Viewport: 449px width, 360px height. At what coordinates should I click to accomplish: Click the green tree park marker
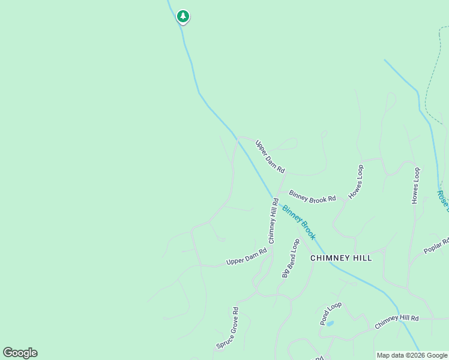click(x=183, y=17)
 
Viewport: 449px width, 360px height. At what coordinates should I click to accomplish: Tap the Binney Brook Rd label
click(x=312, y=196)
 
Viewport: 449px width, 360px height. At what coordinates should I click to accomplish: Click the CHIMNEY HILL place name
click(x=341, y=258)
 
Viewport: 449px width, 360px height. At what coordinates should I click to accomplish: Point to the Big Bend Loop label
click(x=291, y=258)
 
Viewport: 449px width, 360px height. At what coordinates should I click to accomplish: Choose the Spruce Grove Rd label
click(x=228, y=328)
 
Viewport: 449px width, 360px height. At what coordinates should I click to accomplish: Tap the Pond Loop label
click(x=331, y=313)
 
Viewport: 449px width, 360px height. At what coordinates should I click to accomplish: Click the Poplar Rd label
click(x=436, y=246)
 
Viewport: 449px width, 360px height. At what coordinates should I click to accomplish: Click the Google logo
click(x=20, y=353)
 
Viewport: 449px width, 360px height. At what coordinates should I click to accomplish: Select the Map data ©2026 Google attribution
click(x=412, y=355)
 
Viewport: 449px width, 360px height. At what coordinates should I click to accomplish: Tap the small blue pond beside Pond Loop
click(x=330, y=323)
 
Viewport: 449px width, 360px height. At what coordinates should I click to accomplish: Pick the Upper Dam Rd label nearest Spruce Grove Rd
click(x=246, y=257)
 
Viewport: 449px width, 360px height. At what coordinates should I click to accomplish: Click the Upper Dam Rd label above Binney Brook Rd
click(x=270, y=157)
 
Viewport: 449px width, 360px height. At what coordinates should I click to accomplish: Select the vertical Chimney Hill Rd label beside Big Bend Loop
click(x=273, y=221)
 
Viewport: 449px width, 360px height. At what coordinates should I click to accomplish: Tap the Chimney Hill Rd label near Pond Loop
click(x=396, y=322)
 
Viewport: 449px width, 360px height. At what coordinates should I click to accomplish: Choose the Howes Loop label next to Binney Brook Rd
click(x=356, y=182)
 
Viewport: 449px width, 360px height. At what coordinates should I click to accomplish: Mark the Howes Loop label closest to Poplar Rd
click(x=415, y=185)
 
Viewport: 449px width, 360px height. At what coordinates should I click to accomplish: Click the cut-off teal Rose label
click(x=443, y=202)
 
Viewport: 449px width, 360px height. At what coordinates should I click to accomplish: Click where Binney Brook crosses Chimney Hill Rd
click(x=275, y=199)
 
